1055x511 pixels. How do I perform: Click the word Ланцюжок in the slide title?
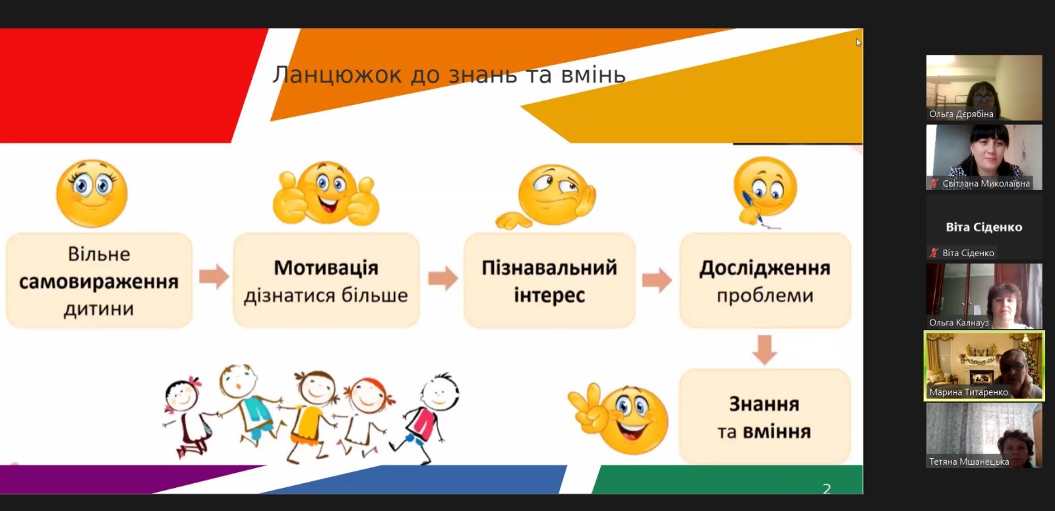click(337, 75)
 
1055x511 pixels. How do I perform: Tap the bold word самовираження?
click(99, 282)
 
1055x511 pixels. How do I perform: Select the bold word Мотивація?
click(326, 268)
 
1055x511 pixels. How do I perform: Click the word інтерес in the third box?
click(549, 296)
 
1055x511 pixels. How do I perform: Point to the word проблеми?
click(765, 296)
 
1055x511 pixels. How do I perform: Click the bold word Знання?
click(764, 404)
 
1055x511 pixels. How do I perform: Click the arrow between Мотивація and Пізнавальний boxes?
click(442, 278)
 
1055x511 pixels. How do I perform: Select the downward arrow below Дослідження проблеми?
click(764, 349)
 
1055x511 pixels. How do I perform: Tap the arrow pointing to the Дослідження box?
click(657, 279)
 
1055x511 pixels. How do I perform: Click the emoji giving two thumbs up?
click(326, 193)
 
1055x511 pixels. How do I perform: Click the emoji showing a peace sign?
click(619, 418)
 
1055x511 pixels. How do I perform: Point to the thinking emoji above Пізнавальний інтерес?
click(547, 196)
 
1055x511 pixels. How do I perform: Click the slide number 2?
click(827, 489)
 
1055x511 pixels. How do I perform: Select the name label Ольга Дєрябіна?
click(961, 114)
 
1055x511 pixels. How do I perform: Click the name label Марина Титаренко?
click(969, 392)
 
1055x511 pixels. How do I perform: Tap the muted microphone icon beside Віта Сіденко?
click(934, 253)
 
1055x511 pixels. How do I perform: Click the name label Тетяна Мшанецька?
click(969, 462)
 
